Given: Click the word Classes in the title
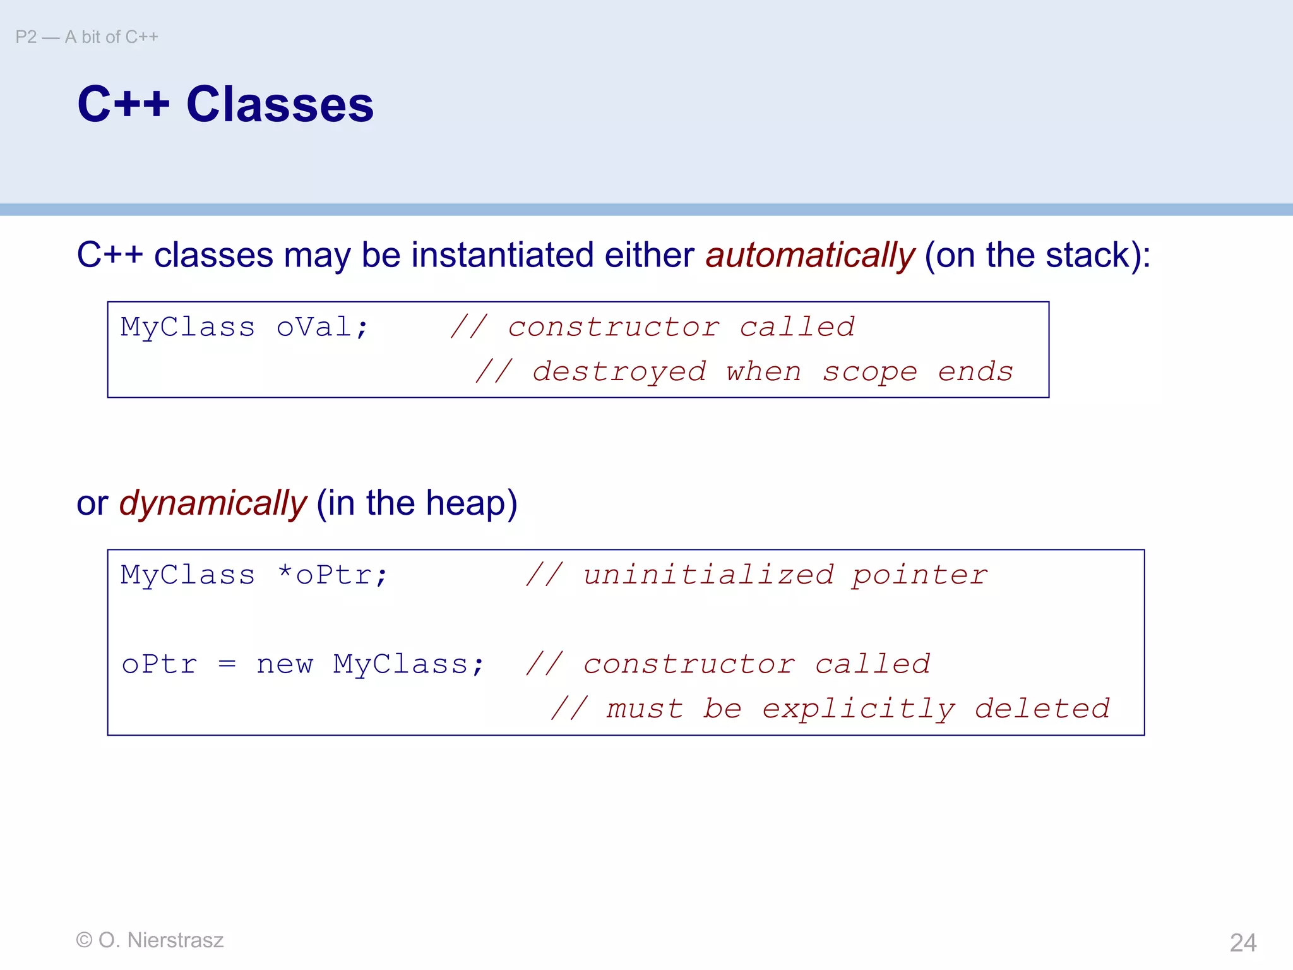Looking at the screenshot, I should pos(280,104).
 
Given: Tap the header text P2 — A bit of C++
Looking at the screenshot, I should pos(86,37).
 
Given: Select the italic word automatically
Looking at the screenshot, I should pos(810,256).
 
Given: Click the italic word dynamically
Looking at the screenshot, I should pos(213,504).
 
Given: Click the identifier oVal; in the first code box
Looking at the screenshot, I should pos(322,327).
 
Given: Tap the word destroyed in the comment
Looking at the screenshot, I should pos(619,371).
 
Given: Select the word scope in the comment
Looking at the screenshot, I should pos(869,371).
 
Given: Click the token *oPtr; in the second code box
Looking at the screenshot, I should pos(333,575).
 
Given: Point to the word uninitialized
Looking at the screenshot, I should pos(708,575).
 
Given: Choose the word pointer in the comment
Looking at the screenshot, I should pos(919,575).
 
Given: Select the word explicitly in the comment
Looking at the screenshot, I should pos(858,709).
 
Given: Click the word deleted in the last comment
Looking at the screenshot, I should pos(1042,709).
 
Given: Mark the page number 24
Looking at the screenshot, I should pos(1242,943).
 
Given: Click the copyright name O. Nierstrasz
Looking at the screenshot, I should pos(161,940).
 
